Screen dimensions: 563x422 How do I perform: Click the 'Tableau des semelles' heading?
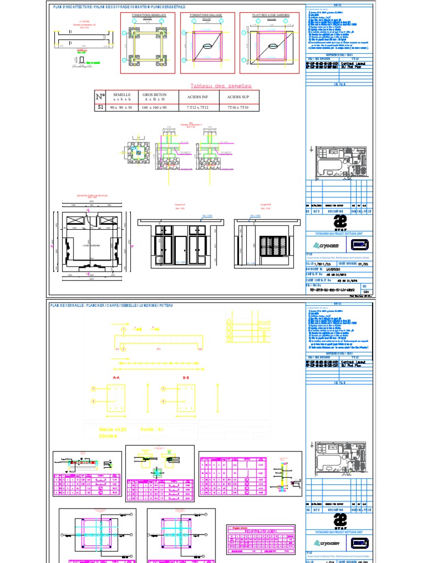click(x=220, y=86)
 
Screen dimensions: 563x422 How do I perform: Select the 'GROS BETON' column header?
click(x=154, y=97)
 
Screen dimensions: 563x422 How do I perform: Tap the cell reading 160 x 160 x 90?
click(x=154, y=108)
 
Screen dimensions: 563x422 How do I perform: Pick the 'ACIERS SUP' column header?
click(x=235, y=97)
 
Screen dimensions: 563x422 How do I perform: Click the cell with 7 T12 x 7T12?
click(x=195, y=108)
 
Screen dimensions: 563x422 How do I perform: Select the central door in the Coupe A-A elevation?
click(x=181, y=250)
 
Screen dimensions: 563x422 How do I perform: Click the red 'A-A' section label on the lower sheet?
click(x=116, y=378)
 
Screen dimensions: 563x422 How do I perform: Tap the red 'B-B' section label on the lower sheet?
click(x=186, y=378)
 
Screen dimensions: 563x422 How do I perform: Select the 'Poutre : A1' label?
click(x=152, y=429)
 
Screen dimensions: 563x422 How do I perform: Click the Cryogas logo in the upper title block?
click(x=327, y=246)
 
